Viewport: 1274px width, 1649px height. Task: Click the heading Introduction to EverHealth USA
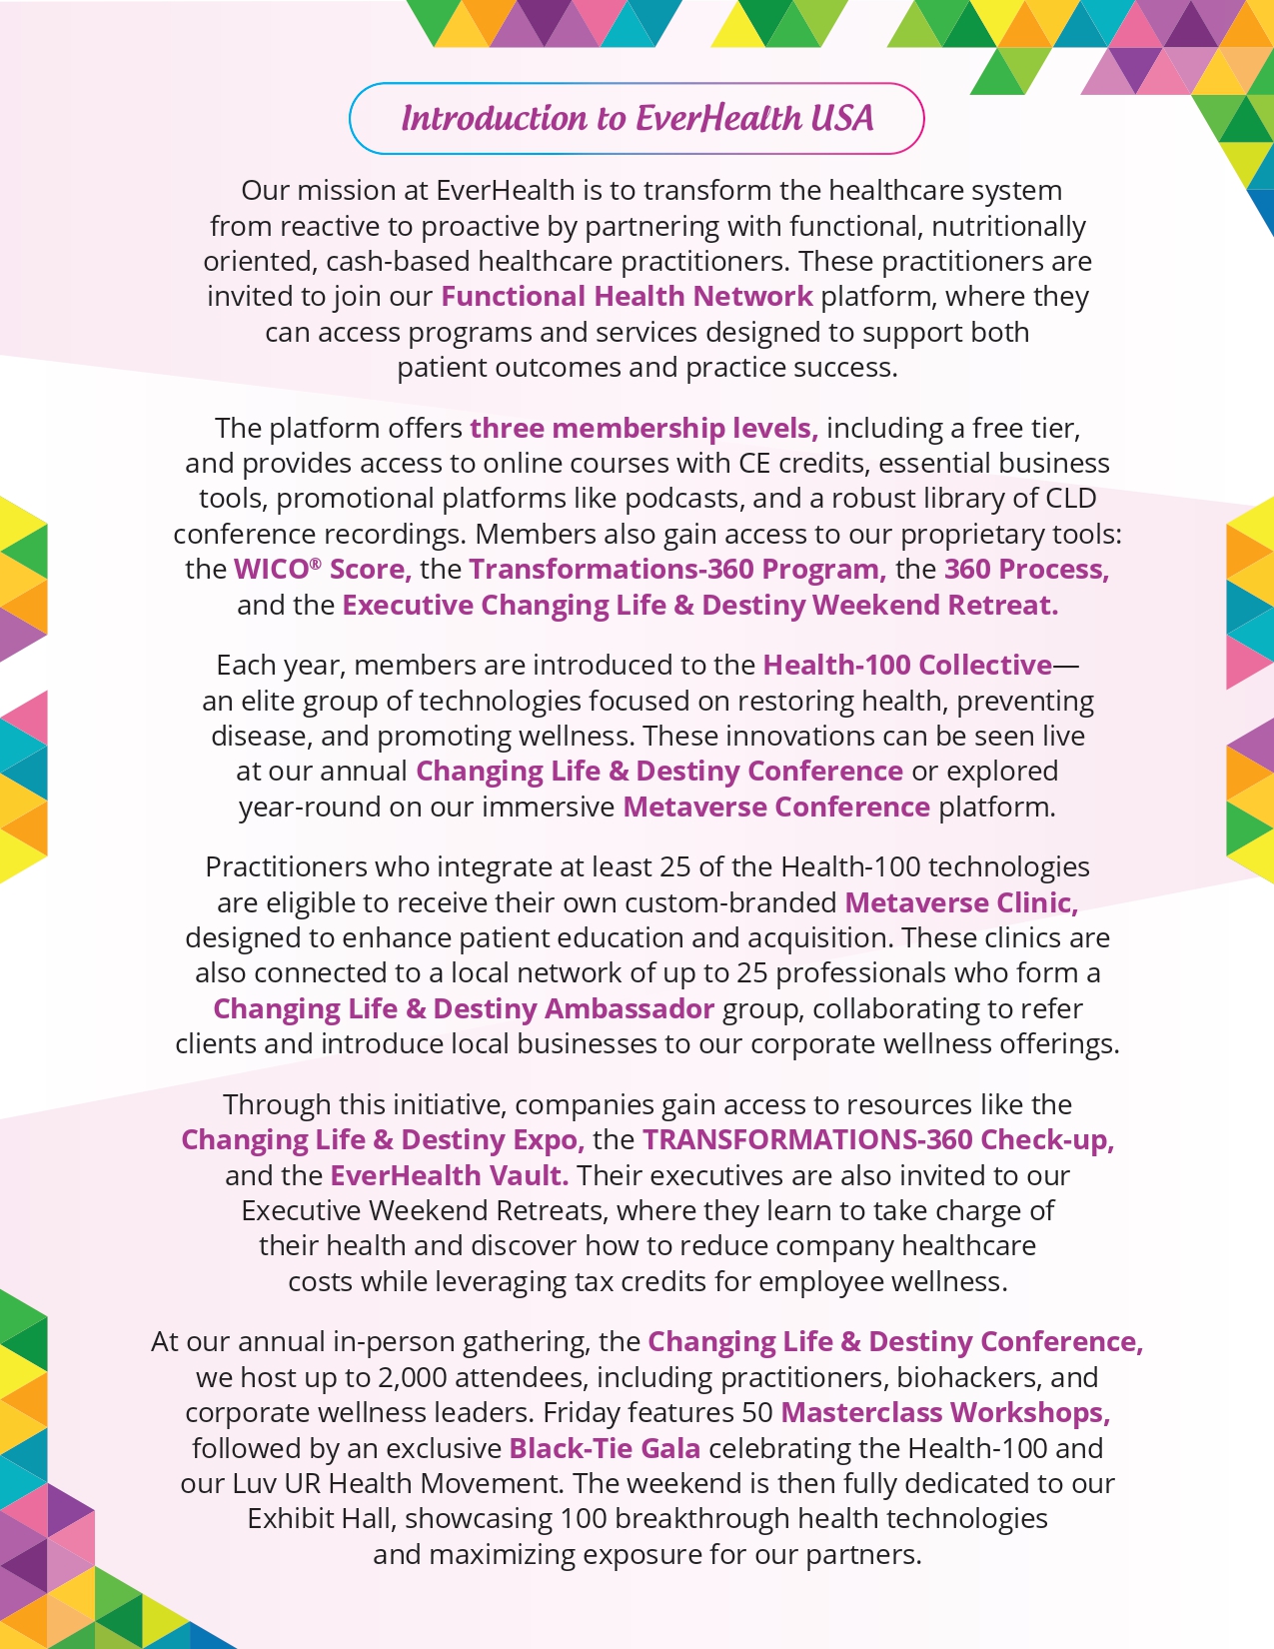(x=637, y=119)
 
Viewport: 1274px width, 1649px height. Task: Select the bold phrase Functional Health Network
(x=627, y=297)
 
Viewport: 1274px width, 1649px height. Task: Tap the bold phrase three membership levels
(x=643, y=429)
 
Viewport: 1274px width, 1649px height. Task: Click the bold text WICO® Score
(x=322, y=570)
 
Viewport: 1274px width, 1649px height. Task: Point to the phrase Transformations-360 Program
(x=676, y=570)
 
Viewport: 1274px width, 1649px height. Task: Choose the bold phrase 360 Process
(x=1026, y=570)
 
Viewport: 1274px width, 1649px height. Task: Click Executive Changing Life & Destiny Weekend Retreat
(x=699, y=606)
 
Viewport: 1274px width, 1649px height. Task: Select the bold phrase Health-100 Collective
(x=907, y=666)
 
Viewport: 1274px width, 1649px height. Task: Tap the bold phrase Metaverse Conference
(x=776, y=808)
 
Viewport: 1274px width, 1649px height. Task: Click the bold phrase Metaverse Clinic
(x=961, y=903)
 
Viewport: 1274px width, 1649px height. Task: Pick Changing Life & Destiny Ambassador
(x=464, y=1009)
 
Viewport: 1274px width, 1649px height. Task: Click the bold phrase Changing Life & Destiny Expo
(x=382, y=1140)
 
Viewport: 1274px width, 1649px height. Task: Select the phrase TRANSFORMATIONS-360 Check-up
(x=877, y=1140)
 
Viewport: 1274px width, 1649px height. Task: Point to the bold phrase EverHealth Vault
(x=449, y=1176)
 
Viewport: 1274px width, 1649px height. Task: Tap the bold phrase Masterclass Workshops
(x=945, y=1413)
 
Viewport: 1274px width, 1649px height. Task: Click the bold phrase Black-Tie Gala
(x=605, y=1449)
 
